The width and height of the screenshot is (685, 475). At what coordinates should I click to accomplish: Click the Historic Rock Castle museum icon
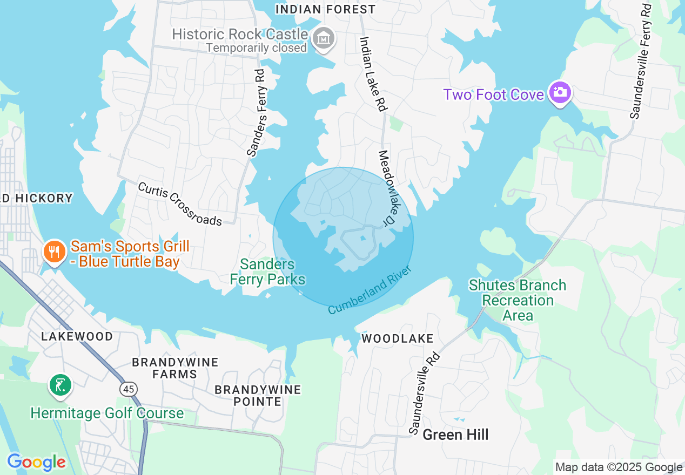324,38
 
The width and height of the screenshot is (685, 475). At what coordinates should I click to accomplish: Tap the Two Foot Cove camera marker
560,93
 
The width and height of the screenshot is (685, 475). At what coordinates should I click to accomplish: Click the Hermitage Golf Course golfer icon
61,385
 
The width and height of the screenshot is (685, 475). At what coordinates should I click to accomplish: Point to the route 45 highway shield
130,389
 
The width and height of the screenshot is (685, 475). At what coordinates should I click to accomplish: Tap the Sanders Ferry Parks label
268,272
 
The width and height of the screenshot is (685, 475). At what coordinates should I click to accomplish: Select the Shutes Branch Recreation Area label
518,300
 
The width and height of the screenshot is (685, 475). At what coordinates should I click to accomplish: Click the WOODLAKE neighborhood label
398,338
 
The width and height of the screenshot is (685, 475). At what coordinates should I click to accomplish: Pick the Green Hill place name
455,435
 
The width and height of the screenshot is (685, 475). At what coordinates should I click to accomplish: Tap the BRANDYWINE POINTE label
258,395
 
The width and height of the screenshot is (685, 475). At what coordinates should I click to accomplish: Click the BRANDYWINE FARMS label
175,368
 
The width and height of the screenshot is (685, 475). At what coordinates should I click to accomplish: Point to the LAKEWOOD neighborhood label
77,336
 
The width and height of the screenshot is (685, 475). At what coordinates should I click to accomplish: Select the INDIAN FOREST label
325,9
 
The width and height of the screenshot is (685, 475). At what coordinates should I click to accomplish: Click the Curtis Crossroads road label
180,204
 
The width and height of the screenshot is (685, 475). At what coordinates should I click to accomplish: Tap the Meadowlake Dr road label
388,187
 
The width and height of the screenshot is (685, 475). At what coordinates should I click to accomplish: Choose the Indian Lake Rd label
373,74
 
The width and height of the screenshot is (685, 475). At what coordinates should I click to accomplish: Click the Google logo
36,462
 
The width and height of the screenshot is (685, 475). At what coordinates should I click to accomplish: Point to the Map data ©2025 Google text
619,467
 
